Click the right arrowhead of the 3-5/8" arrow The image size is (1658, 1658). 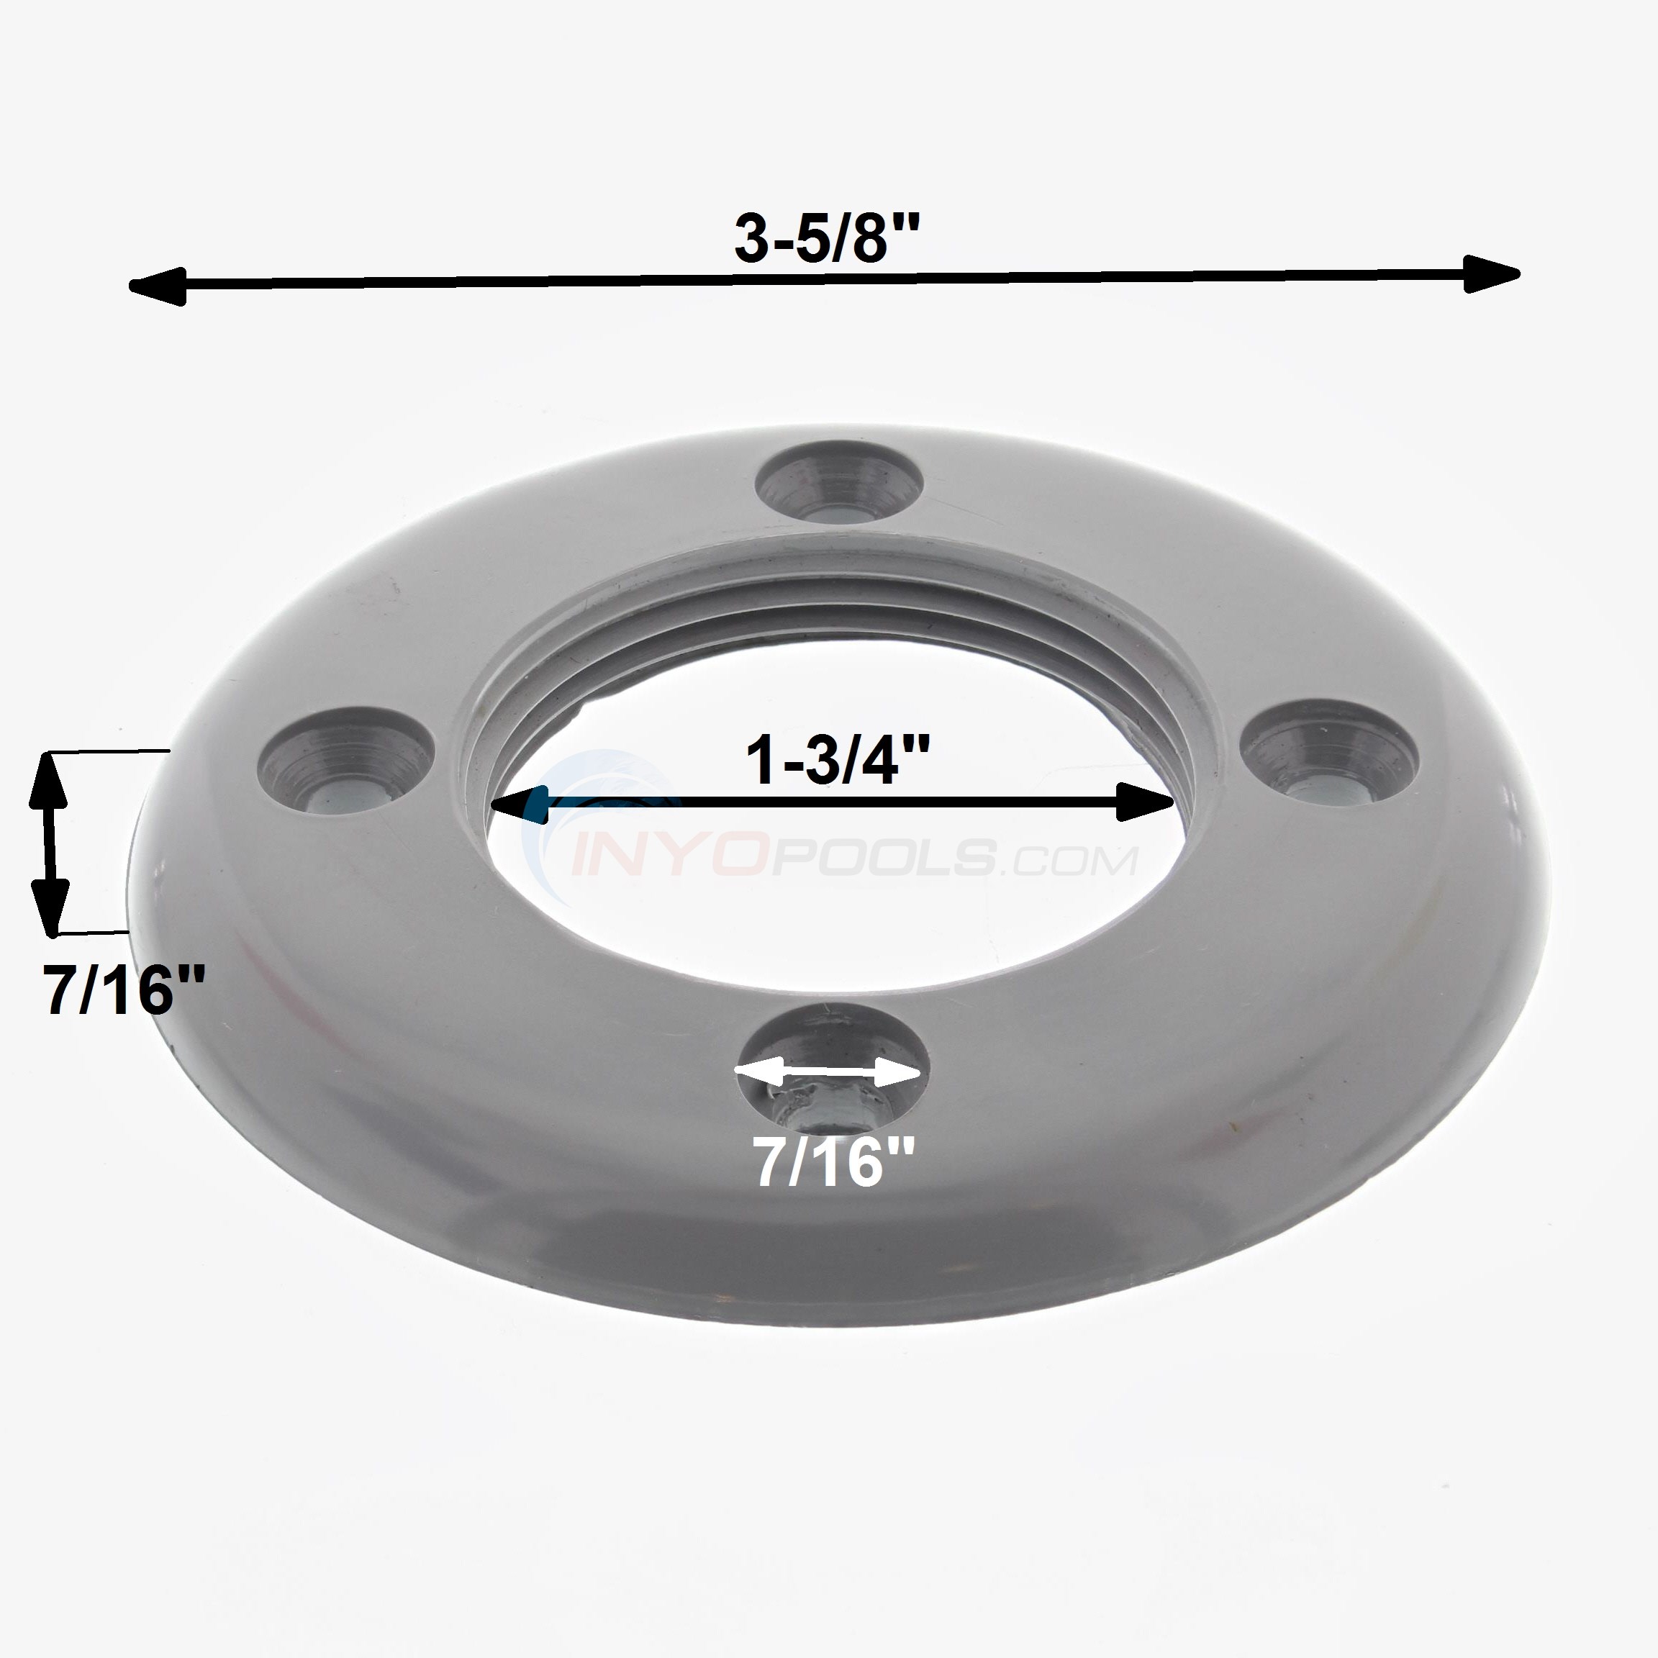[x=1492, y=273]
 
